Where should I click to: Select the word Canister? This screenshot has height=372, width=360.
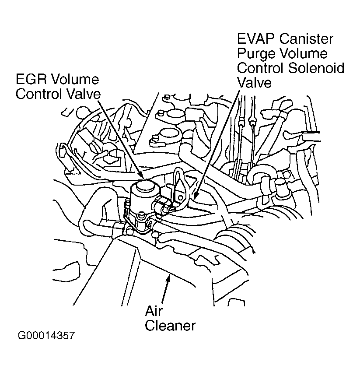(x=306, y=39)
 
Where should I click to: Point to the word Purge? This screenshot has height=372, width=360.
(x=257, y=54)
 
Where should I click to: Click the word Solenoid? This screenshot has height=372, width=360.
(x=316, y=68)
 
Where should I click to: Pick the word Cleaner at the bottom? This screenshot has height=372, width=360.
(x=170, y=326)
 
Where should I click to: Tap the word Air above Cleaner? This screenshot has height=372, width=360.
(x=154, y=311)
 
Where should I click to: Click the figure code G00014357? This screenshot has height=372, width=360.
(x=46, y=336)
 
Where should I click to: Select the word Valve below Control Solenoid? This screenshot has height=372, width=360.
(x=254, y=83)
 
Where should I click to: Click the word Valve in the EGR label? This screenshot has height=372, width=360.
(x=83, y=94)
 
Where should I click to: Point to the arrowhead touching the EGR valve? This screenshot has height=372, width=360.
(x=141, y=175)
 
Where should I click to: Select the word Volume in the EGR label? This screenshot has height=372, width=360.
(x=75, y=79)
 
